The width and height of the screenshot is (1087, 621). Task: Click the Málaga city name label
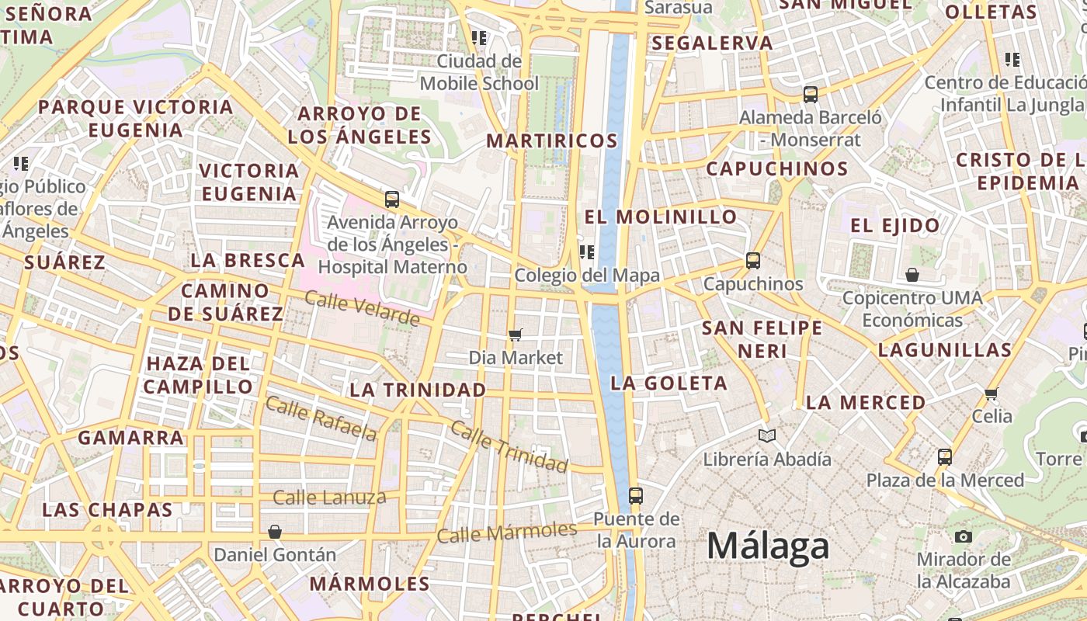point(768,546)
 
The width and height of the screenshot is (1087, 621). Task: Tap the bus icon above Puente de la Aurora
point(636,495)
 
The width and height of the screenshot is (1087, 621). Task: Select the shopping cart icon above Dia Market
point(515,335)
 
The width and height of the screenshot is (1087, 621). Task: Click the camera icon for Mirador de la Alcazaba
point(964,536)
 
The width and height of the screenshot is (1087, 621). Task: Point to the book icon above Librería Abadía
point(767,435)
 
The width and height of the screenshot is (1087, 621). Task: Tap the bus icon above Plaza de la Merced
point(945,456)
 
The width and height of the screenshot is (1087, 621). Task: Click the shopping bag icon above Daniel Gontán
point(274,532)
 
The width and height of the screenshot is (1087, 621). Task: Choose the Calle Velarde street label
point(362,308)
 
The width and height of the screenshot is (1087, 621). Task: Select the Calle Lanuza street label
point(329,498)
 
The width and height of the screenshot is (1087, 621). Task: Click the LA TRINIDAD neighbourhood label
point(418,390)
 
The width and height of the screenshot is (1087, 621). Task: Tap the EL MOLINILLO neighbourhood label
point(661,217)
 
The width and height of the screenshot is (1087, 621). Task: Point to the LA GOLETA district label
point(669,383)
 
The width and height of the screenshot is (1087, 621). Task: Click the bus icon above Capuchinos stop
point(753,261)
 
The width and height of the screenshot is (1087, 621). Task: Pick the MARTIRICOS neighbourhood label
point(552,141)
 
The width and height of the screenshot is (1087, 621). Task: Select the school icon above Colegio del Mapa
point(587,252)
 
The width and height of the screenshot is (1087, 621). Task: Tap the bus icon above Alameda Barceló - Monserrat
point(811,95)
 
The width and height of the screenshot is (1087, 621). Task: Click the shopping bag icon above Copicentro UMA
point(912,275)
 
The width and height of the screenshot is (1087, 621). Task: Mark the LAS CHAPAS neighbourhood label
point(107,510)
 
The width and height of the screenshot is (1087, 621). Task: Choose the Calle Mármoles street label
point(506,533)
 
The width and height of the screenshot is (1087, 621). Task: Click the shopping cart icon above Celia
point(991,394)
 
